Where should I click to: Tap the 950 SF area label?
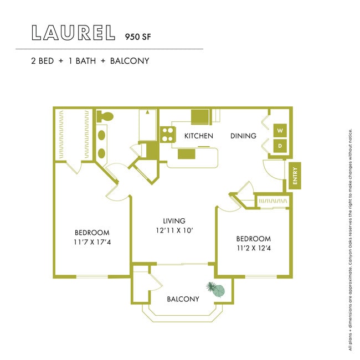(x=134, y=37)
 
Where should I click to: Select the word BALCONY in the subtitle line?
(x=130, y=60)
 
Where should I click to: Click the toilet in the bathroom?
(x=104, y=117)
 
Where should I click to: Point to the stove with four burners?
(x=167, y=135)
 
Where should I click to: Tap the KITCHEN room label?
(x=199, y=136)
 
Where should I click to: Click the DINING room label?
(x=243, y=136)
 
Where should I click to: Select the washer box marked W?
(x=280, y=131)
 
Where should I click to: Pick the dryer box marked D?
(x=280, y=146)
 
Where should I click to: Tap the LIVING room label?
(x=174, y=220)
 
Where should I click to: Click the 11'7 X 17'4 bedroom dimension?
(x=92, y=242)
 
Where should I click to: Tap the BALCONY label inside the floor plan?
(x=183, y=299)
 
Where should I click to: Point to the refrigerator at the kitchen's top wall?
(x=200, y=117)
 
